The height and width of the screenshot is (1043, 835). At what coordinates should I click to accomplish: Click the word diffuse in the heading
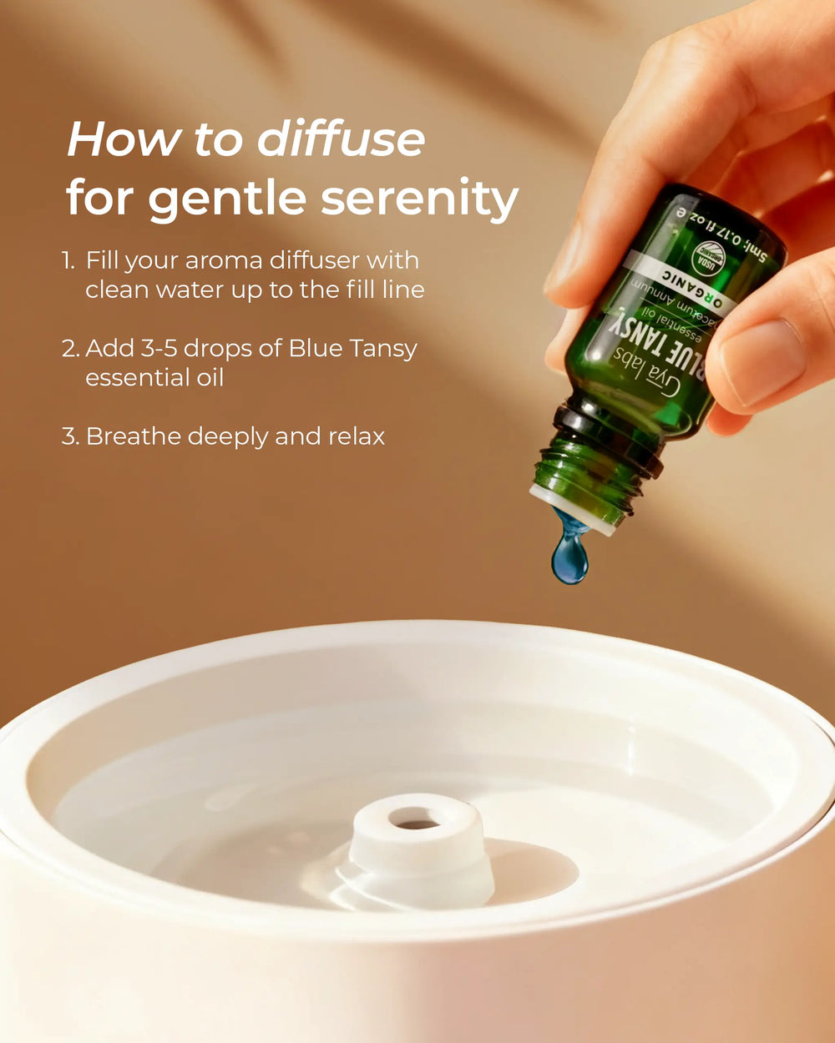click(x=341, y=139)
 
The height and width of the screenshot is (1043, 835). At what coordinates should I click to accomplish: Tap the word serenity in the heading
click(x=420, y=199)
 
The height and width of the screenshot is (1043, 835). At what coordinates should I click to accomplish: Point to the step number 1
click(x=68, y=260)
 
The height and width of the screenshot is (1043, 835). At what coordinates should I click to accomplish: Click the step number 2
click(x=70, y=348)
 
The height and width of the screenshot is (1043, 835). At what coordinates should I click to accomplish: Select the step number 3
click(x=70, y=436)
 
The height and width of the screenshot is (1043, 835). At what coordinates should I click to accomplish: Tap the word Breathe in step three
click(x=134, y=436)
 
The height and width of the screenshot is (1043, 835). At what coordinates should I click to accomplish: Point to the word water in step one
click(x=199, y=290)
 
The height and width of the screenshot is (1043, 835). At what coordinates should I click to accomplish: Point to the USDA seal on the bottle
click(x=711, y=256)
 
